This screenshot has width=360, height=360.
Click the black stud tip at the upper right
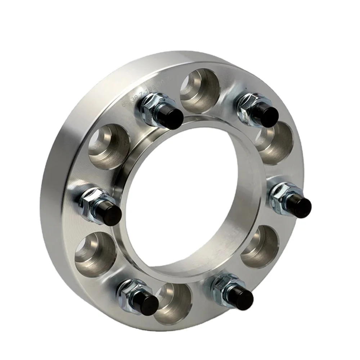268,114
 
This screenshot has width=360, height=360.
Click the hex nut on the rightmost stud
283,194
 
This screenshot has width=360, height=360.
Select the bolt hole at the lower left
95,252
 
